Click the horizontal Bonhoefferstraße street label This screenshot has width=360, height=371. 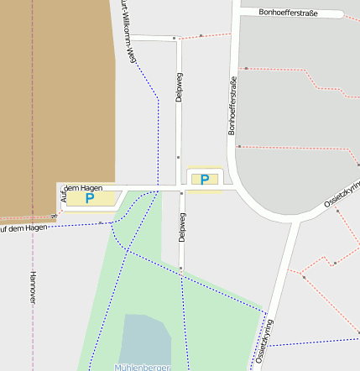pos(289,13)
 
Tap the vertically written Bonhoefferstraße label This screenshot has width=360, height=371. pos(232,106)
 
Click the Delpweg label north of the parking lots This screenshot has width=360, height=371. pos(179,89)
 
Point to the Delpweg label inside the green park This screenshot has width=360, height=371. pos(181,227)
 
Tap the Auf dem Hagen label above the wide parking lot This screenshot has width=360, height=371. pos(82,189)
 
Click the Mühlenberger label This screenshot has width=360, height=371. pos(143,367)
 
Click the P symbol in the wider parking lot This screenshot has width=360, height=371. pos(90,199)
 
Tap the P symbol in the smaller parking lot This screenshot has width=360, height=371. pos(204,179)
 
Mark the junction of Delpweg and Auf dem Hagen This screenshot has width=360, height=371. pos(180,189)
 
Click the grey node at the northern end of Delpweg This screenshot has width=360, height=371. pos(175,38)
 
